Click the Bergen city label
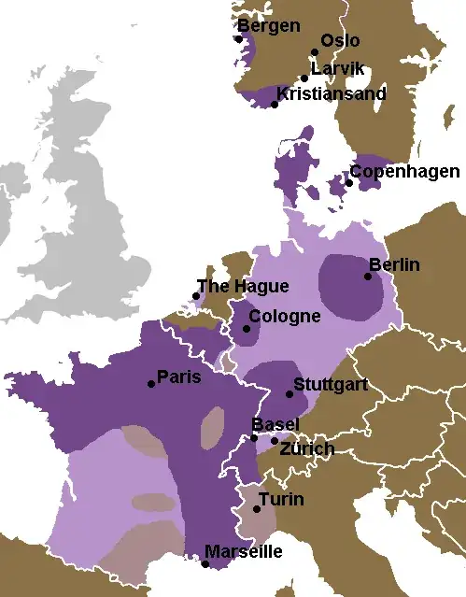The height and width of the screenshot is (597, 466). click(269, 25)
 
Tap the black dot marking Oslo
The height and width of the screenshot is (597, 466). click(315, 53)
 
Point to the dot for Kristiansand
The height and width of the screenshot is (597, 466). click(275, 105)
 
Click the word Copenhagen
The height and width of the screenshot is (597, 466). click(404, 172)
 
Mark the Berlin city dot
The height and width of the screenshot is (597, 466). click(368, 276)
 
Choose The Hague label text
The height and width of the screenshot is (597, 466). click(243, 287)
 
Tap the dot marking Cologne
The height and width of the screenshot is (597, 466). click(247, 329)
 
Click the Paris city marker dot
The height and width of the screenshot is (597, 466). click(151, 384)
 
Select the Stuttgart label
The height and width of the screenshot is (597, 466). click(331, 384)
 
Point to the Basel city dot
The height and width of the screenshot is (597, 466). click(254, 437)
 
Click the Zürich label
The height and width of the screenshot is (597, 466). click(307, 449)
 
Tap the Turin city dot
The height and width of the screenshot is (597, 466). click(257, 509)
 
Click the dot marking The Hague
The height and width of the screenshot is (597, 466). click(196, 296)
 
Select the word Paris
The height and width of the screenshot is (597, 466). click(178, 377)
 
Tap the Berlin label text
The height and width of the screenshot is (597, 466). click(394, 265)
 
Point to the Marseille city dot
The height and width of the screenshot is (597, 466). click(205, 563)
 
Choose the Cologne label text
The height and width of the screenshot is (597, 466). click(284, 317)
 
